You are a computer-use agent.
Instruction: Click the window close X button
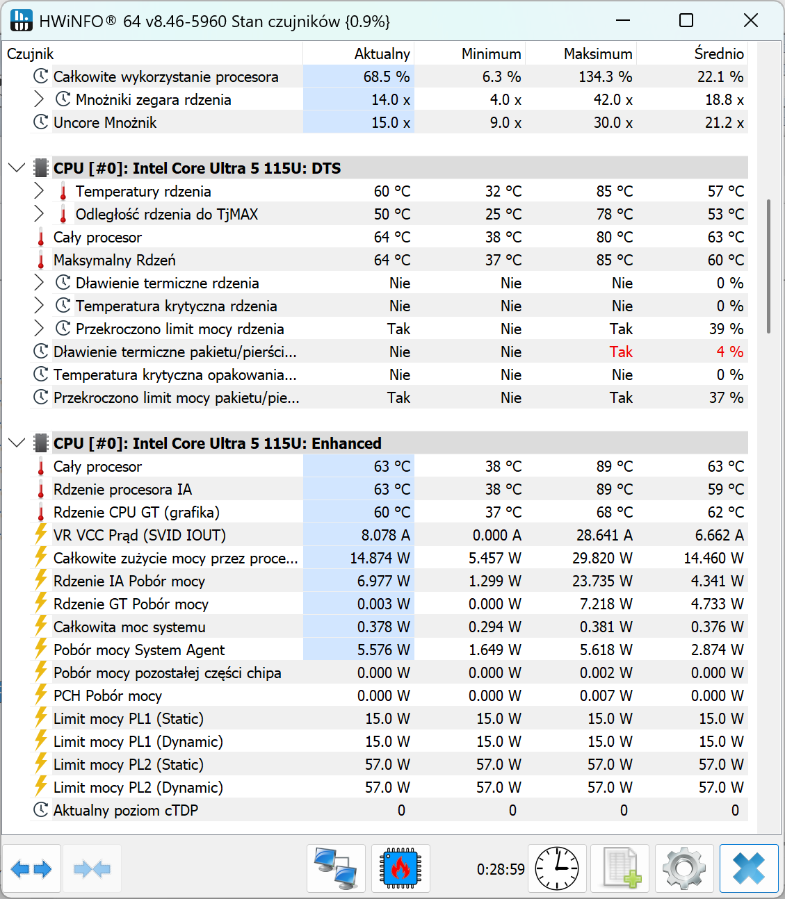tap(751, 20)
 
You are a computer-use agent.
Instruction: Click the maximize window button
tap(686, 20)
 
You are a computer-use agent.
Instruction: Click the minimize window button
tap(622, 20)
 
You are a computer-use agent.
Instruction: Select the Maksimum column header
tap(598, 53)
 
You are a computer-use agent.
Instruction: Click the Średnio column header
tap(719, 53)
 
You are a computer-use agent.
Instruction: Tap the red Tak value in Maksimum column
tap(621, 352)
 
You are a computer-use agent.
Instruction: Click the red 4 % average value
tap(729, 352)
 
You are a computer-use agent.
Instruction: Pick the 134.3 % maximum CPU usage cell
tap(605, 76)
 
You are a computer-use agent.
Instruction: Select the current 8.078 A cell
tap(385, 535)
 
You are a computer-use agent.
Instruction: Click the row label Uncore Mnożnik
tap(105, 122)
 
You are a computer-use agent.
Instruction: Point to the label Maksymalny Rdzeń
tap(115, 260)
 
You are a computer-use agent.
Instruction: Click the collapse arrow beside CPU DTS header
tap(17, 168)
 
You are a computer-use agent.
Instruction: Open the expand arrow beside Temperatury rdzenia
tap(39, 191)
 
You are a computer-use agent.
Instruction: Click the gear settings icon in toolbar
tap(684, 868)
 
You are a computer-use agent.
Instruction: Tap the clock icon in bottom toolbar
tap(557, 868)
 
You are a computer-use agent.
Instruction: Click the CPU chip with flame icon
tap(400, 868)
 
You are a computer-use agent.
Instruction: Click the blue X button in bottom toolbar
tap(749, 868)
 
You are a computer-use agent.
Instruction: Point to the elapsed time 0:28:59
tap(501, 869)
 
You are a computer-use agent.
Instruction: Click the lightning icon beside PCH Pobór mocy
tap(41, 695)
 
